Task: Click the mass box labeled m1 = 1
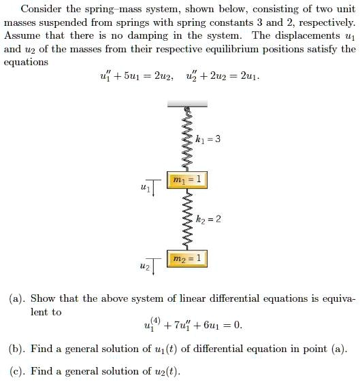[186, 179]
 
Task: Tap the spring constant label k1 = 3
[208, 139]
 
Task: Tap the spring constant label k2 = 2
[208, 219]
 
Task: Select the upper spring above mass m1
[184, 140]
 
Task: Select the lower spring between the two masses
[184, 219]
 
